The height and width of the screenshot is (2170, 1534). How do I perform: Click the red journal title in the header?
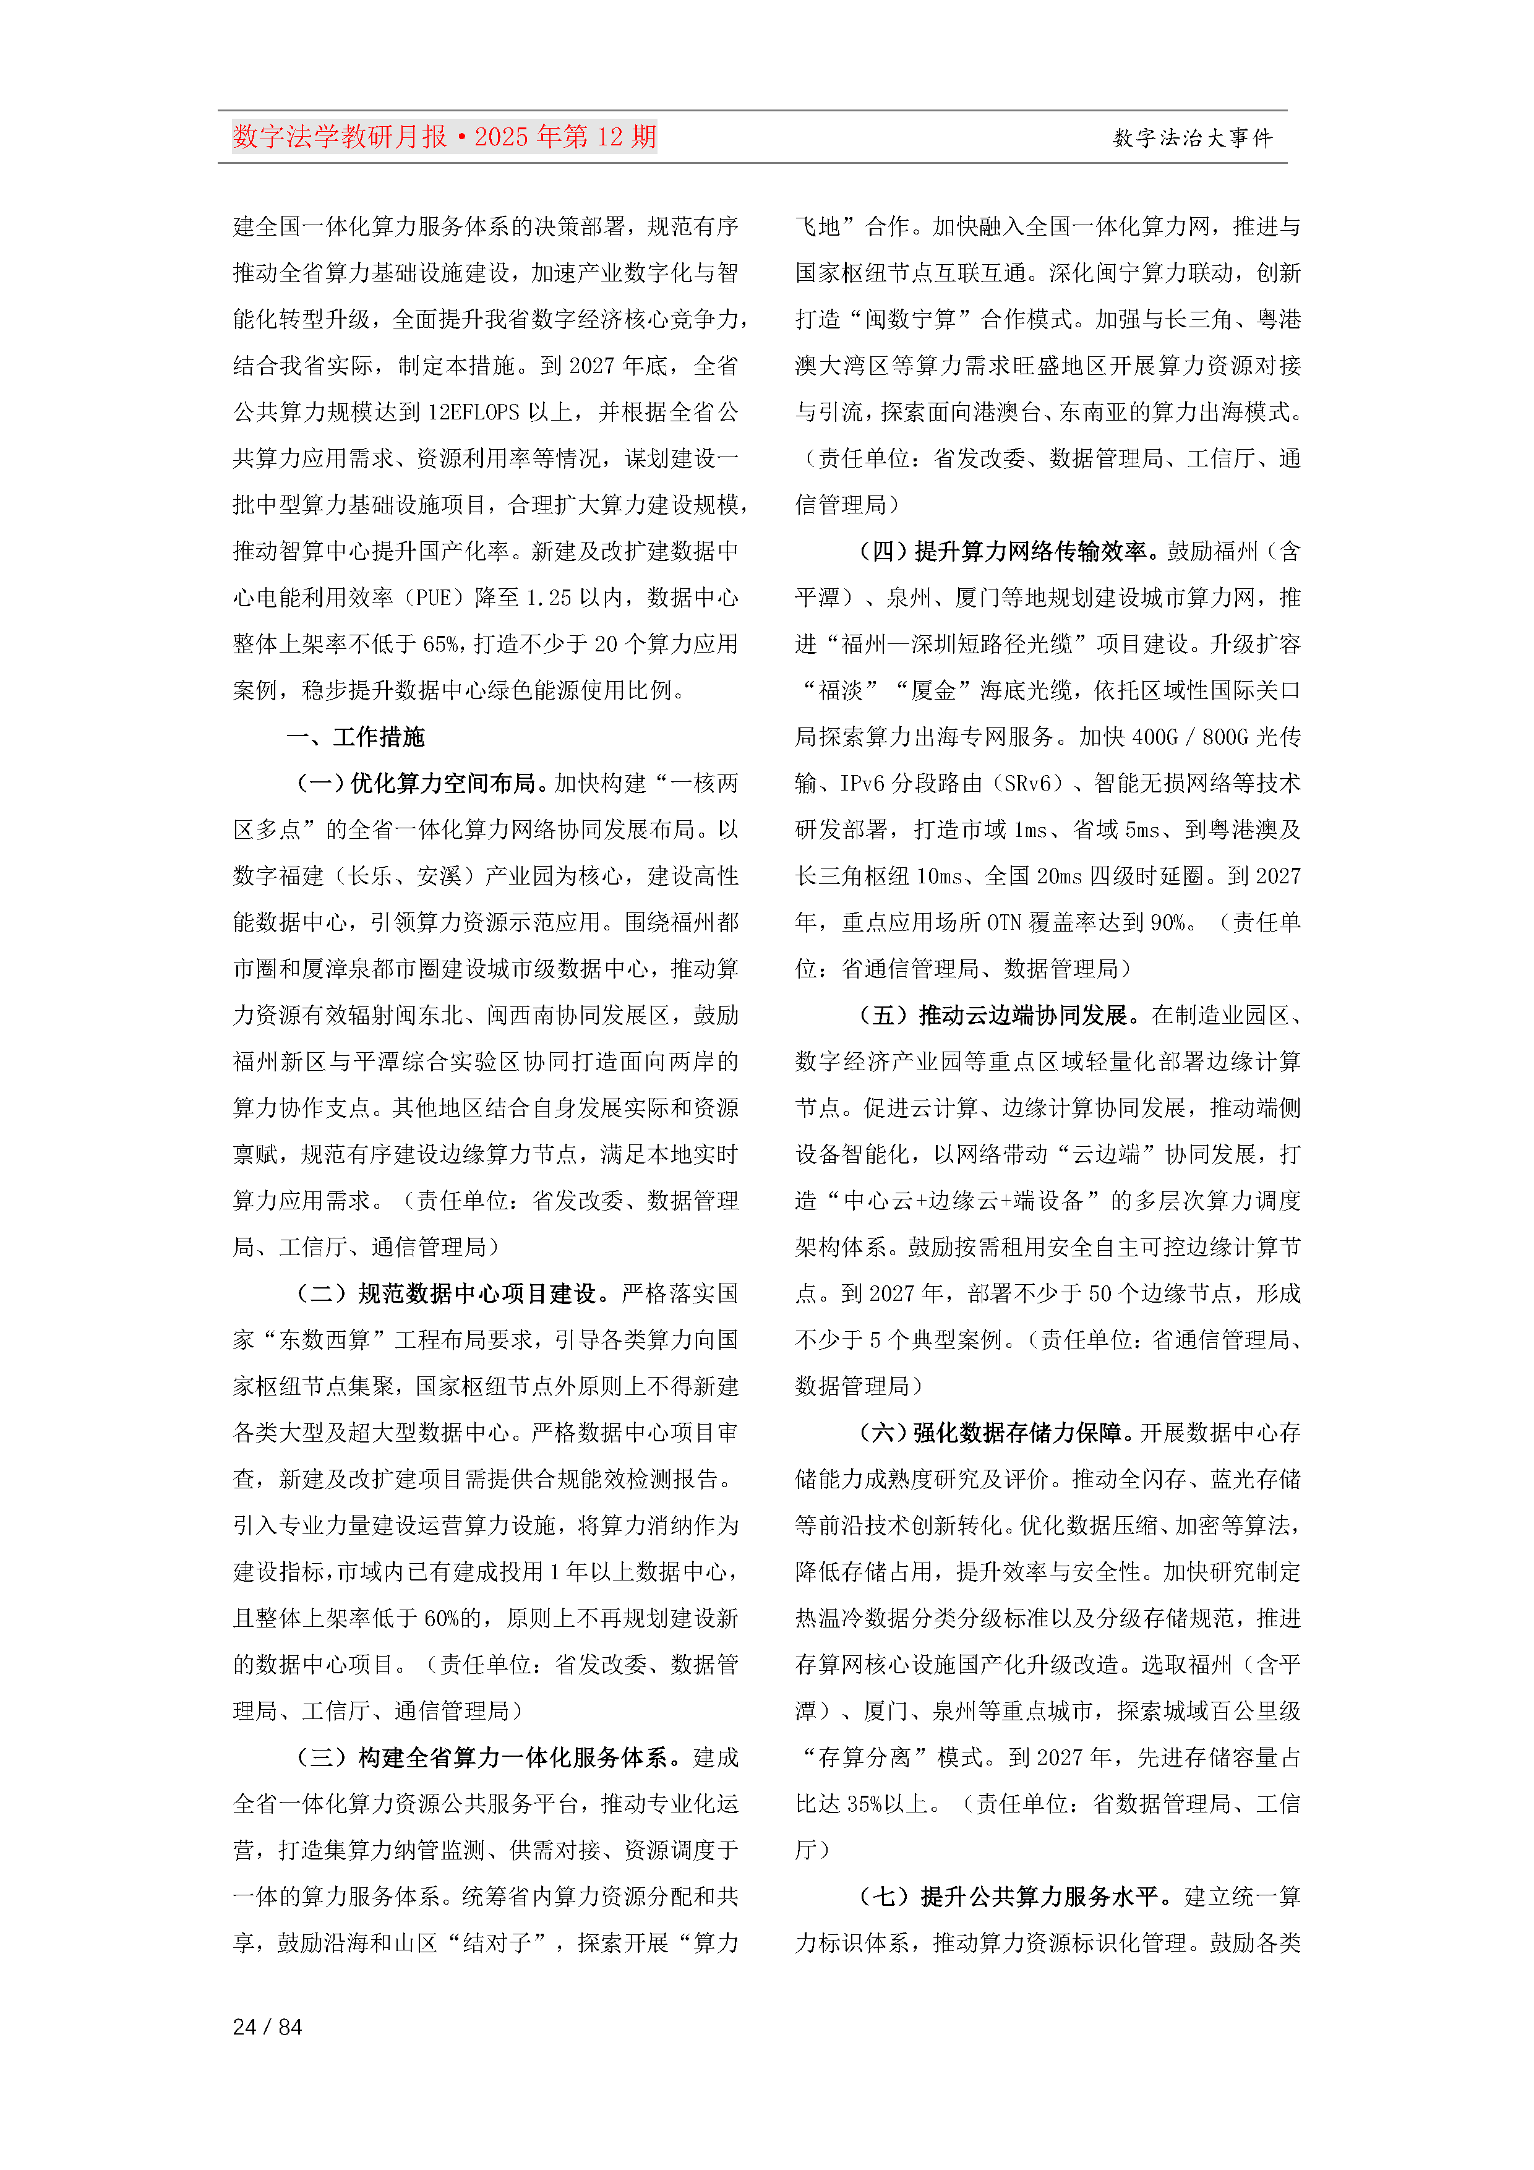tap(444, 137)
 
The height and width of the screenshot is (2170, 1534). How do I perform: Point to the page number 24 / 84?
tap(267, 2026)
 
